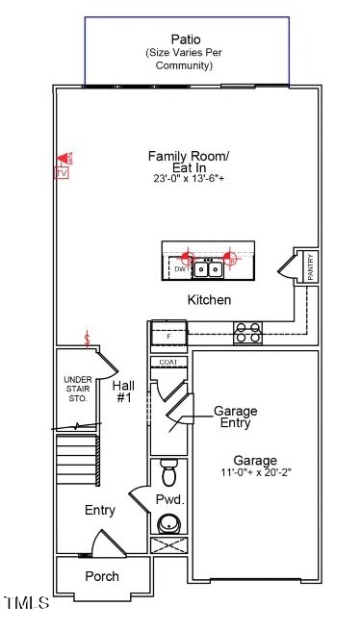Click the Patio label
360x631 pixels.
pyautogui.click(x=187, y=38)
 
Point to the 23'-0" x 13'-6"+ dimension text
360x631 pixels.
pyautogui.click(x=189, y=179)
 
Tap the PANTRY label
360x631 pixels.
pyautogui.click(x=310, y=268)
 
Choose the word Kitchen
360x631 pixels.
pyautogui.click(x=209, y=300)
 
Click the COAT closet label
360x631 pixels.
pyautogui.click(x=168, y=362)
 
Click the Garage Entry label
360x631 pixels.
pyautogui.click(x=236, y=416)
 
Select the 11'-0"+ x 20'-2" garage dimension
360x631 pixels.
pyautogui.click(x=254, y=474)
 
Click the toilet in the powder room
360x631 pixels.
pyautogui.click(x=170, y=474)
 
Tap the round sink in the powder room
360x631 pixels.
pyautogui.click(x=169, y=523)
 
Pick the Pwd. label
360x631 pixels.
pyautogui.click(x=169, y=500)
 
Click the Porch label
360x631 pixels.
pyautogui.click(x=102, y=576)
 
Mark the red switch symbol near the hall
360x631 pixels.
pyautogui.click(x=89, y=340)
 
